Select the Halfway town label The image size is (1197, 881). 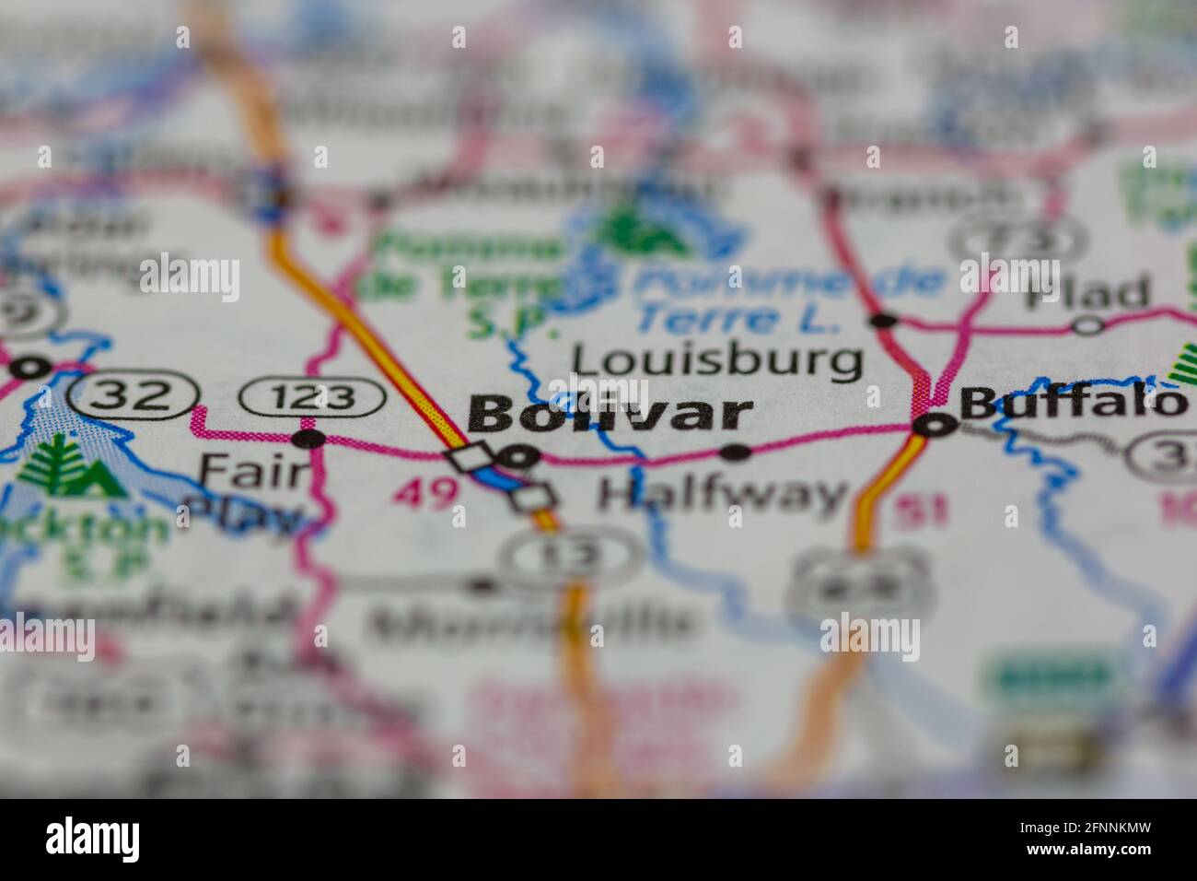click(722, 495)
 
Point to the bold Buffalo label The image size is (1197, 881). click(1073, 402)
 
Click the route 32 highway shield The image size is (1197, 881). click(134, 395)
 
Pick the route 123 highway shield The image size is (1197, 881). click(312, 398)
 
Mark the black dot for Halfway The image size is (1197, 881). click(735, 452)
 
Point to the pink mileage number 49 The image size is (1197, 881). click(425, 495)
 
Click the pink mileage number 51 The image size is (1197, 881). click(922, 510)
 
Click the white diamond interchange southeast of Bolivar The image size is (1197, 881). click(535, 497)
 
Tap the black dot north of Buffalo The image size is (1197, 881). click(883, 320)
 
